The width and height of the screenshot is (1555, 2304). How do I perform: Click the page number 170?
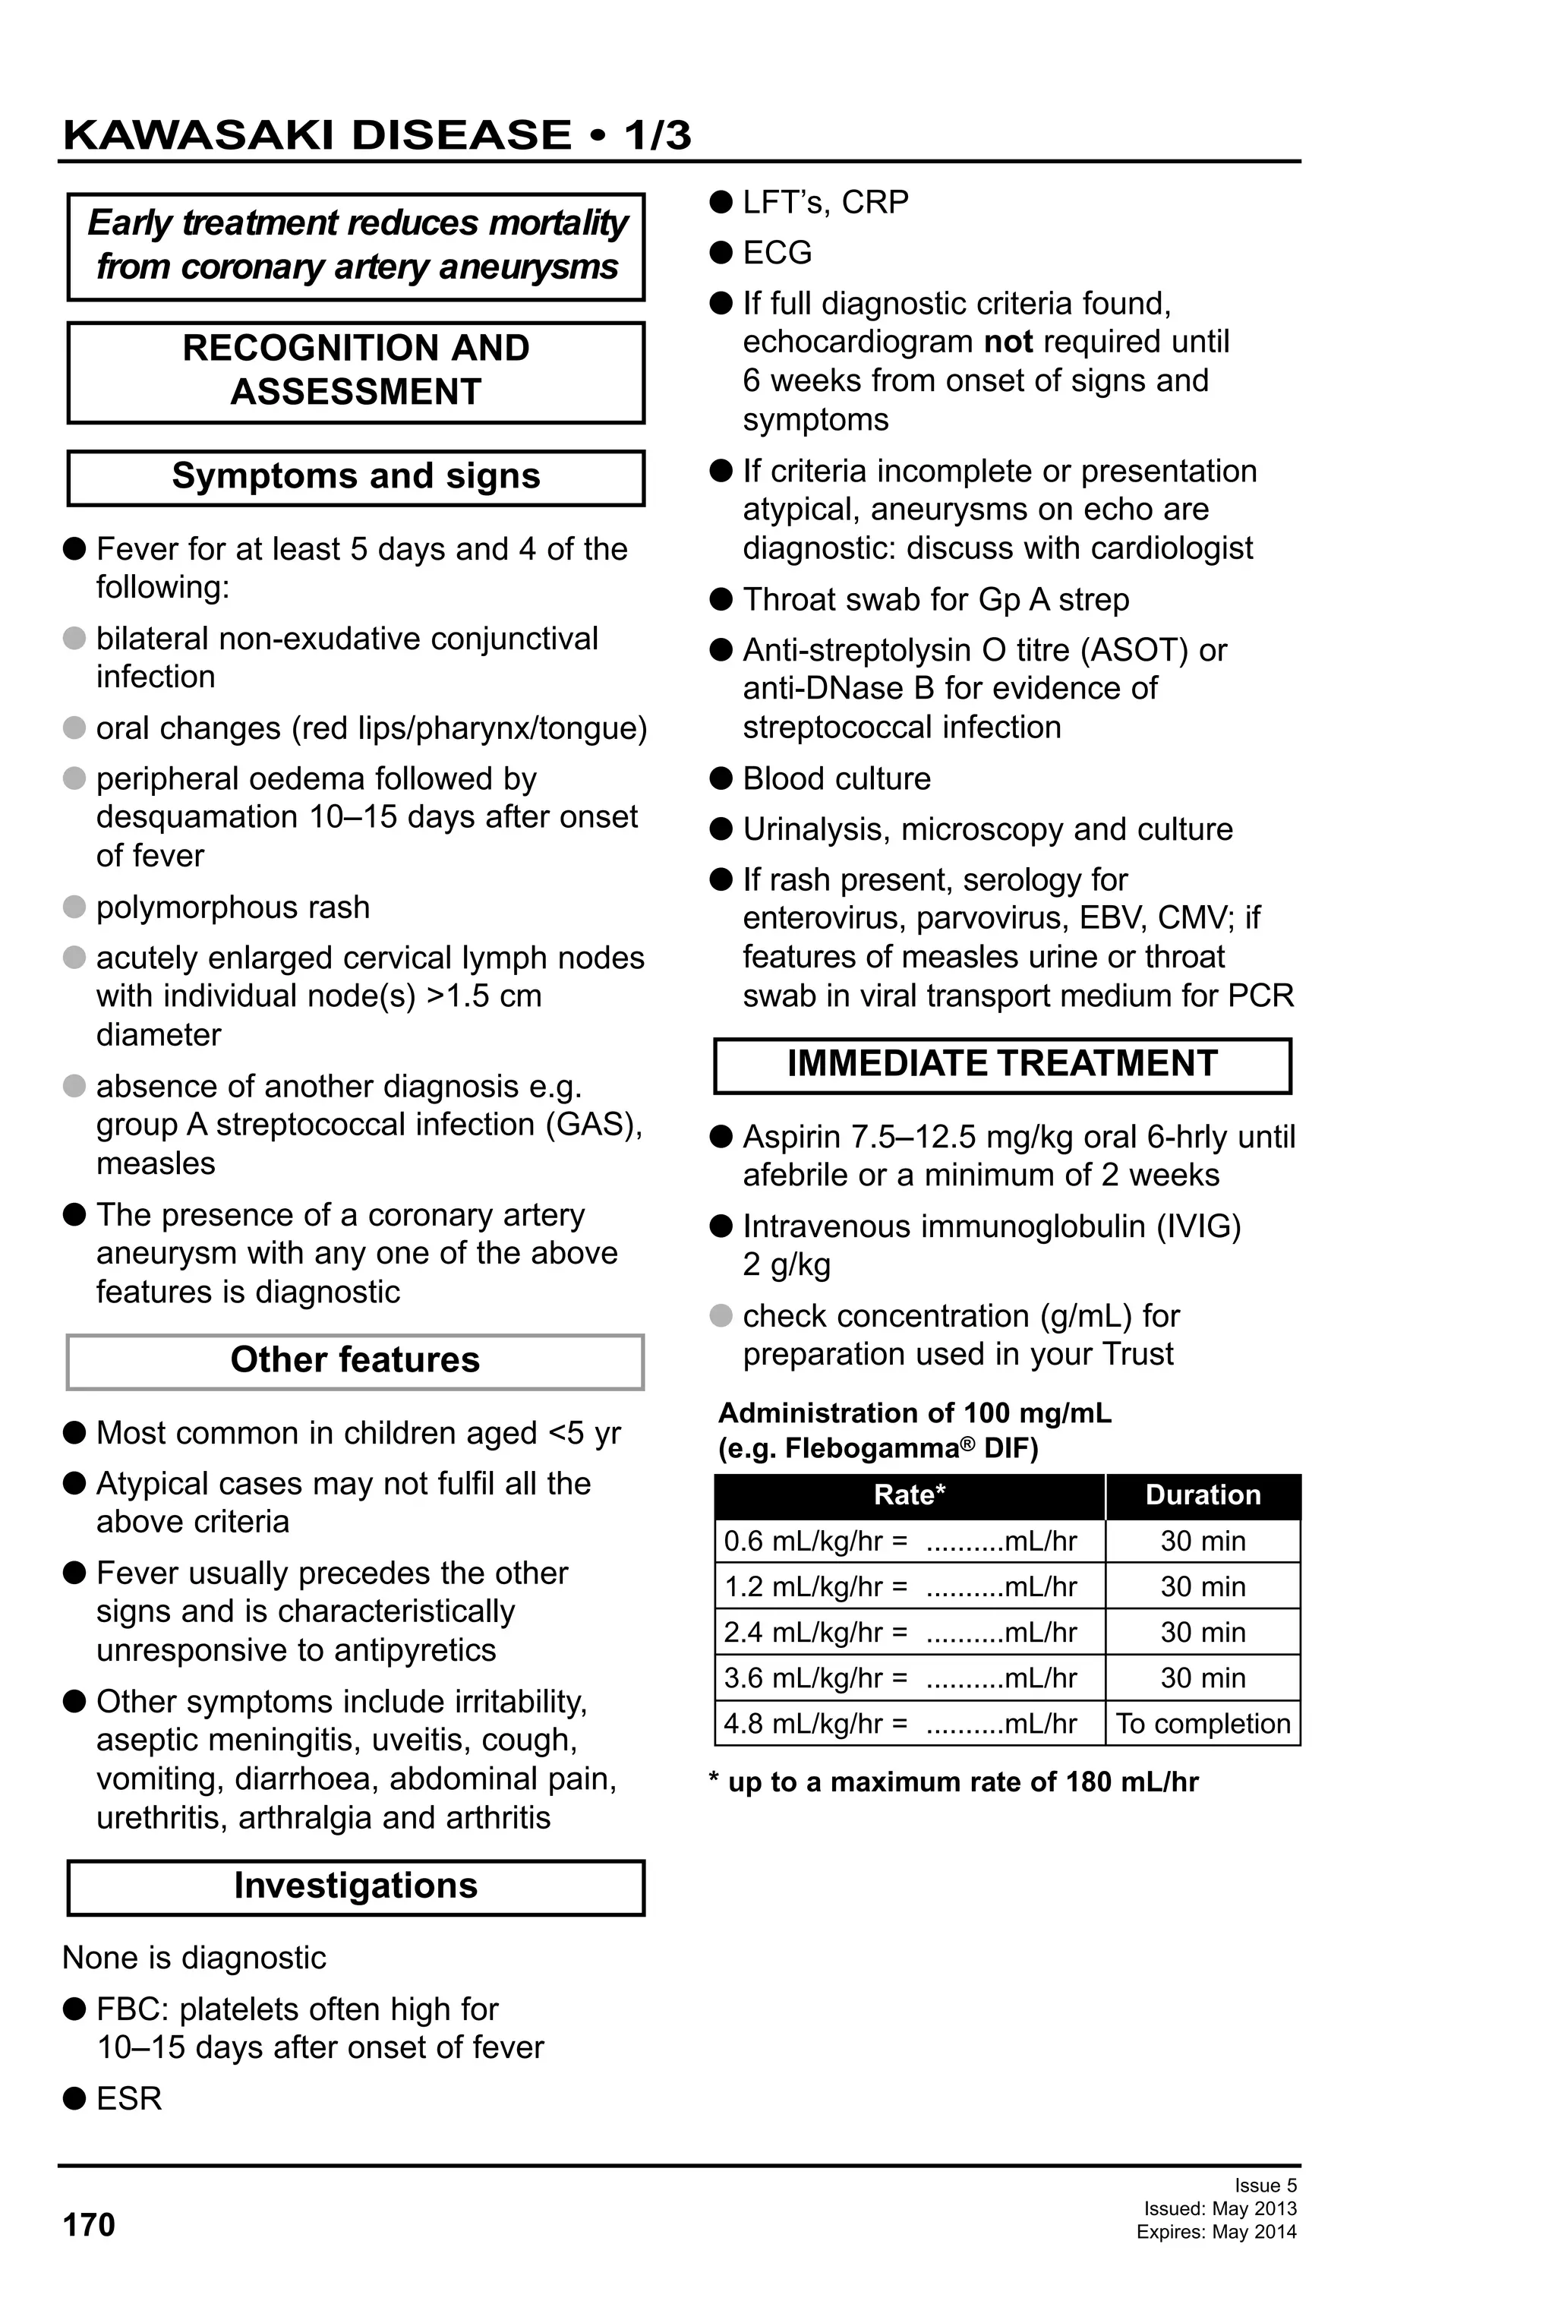tap(89, 2225)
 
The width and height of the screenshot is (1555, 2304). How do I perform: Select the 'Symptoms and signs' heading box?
tap(356, 477)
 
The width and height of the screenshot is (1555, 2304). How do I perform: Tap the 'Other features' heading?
tap(355, 1360)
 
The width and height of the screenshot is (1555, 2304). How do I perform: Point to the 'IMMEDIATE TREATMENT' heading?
tap(1002, 1064)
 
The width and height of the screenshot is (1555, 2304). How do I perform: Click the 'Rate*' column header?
tap(909, 1495)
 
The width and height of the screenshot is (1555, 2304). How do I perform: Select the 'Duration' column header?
tap(1202, 1495)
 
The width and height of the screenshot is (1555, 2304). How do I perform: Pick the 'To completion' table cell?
tap(1202, 1723)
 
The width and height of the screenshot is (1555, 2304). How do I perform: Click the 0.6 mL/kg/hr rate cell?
tap(909, 1541)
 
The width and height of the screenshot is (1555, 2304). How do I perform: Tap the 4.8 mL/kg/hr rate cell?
tap(909, 1723)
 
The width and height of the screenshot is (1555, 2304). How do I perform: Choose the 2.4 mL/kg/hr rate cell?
tap(909, 1632)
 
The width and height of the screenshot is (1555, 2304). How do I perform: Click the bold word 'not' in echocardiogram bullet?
tap(1008, 342)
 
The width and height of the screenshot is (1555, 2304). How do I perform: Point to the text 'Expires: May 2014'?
tap(1216, 2233)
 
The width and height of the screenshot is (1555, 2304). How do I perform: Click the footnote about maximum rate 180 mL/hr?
tap(954, 1782)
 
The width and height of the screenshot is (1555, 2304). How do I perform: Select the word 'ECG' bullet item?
tap(777, 253)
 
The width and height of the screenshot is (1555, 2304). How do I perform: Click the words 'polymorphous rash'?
tap(233, 907)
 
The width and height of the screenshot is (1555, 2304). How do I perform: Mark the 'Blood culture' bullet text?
tap(837, 778)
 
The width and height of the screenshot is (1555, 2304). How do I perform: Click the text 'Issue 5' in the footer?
tap(1265, 2185)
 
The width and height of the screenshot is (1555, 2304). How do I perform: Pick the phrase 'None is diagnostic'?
tap(194, 1958)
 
